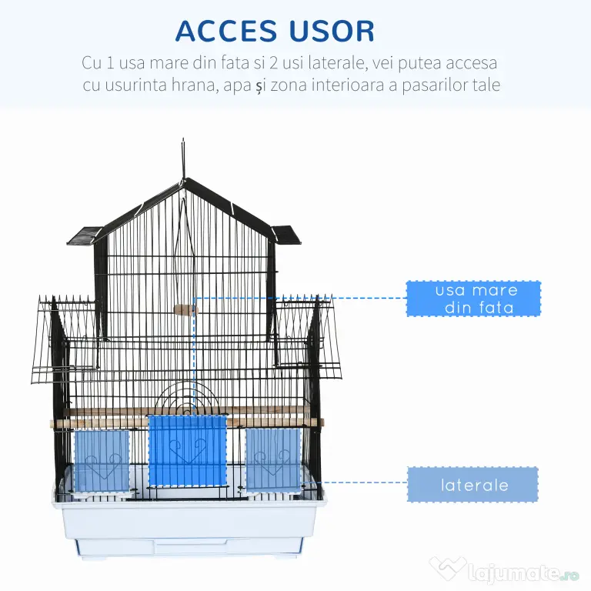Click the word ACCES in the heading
(x=226, y=31)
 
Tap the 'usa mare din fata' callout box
(x=473, y=299)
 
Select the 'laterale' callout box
(x=473, y=485)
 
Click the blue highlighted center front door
(x=188, y=451)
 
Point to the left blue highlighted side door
(x=102, y=462)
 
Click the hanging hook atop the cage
(x=184, y=159)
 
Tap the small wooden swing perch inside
(x=185, y=310)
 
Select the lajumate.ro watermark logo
(x=504, y=572)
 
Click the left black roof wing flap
(x=85, y=235)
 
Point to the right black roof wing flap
(x=286, y=235)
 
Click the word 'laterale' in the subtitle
(x=337, y=62)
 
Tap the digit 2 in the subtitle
(x=274, y=62)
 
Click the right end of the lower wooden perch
(x=322, y=422)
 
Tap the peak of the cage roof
(x=185, y=179)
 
